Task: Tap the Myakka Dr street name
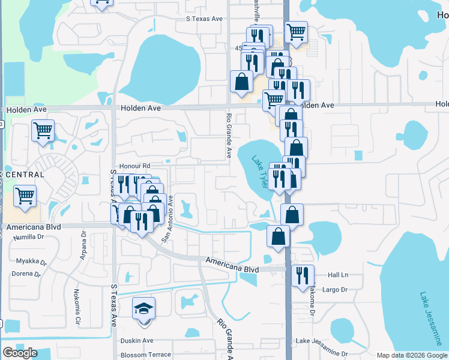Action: (28, 261)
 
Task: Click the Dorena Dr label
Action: (26, 274)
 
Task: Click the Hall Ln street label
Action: (338, 274)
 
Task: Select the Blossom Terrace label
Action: (146, 355)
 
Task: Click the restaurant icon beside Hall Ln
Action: (303, 276)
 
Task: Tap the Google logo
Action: (20, 353)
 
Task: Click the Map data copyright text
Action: (411, 355)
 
